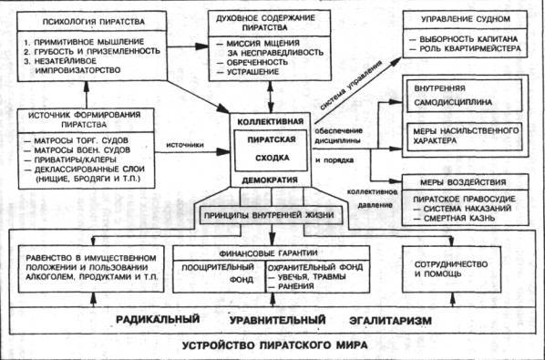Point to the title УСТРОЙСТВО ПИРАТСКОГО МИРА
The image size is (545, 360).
click(x=272, y=346)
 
